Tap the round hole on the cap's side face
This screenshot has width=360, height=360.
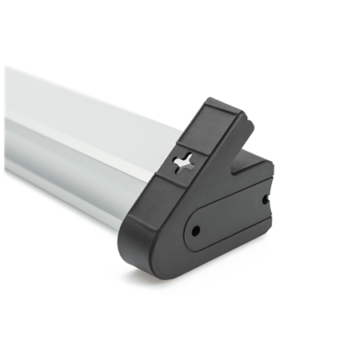click(x=194, y=231)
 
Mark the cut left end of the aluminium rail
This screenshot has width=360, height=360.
click(x=6, y=120)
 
